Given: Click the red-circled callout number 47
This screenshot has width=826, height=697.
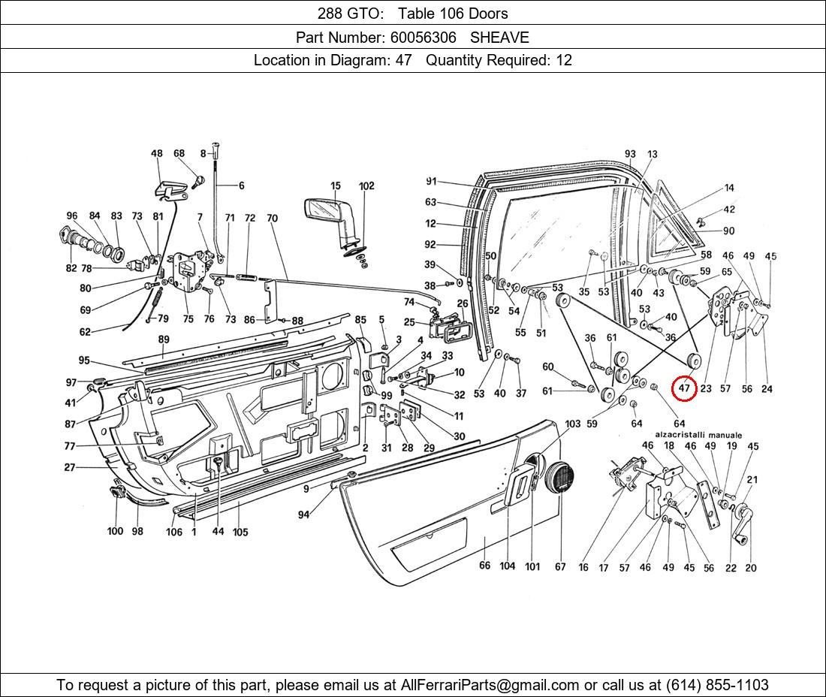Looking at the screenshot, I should pos(683,388).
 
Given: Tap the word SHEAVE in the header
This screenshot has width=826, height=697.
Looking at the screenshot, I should pos(499,38).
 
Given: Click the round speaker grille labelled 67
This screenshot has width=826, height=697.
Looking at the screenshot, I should pos(559,477).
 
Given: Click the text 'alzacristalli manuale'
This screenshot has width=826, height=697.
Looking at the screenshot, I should pos(698,435).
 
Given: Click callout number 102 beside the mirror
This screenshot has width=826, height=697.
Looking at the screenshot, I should pos(366,186).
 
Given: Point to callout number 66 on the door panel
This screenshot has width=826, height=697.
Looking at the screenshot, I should pos(484,566).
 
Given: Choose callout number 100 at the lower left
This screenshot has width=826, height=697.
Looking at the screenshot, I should pos(115,531).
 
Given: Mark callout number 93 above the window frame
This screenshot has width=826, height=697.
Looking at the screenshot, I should pos(630,154).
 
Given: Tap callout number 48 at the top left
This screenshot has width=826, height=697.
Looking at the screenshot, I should pos(156,154).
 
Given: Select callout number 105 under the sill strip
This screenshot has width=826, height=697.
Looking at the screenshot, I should pos(240,532).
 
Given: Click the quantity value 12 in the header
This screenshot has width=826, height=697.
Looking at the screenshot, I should pos(563,60).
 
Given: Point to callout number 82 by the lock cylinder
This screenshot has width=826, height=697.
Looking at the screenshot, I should pos(71,268).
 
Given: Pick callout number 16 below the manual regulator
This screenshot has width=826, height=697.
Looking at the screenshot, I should pos(583,568).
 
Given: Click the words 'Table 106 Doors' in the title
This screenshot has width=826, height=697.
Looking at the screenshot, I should pos(453,14).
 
